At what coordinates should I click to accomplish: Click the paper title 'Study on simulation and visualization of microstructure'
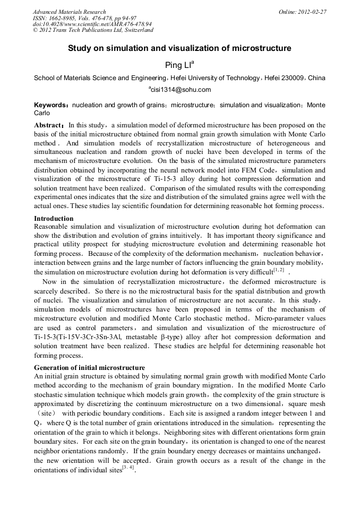point(179,48)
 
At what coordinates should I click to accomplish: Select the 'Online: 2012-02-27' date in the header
point(302,12)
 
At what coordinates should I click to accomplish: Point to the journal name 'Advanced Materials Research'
point(69,12)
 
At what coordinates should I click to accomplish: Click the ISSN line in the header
point(84,18)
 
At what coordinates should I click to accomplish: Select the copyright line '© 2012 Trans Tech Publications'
point(93,30)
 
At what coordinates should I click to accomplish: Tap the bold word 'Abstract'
point(49,125)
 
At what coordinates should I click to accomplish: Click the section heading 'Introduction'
point(54,218)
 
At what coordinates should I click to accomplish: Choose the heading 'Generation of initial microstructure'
point(89,368)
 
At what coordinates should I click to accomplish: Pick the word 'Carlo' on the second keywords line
point(42,113)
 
